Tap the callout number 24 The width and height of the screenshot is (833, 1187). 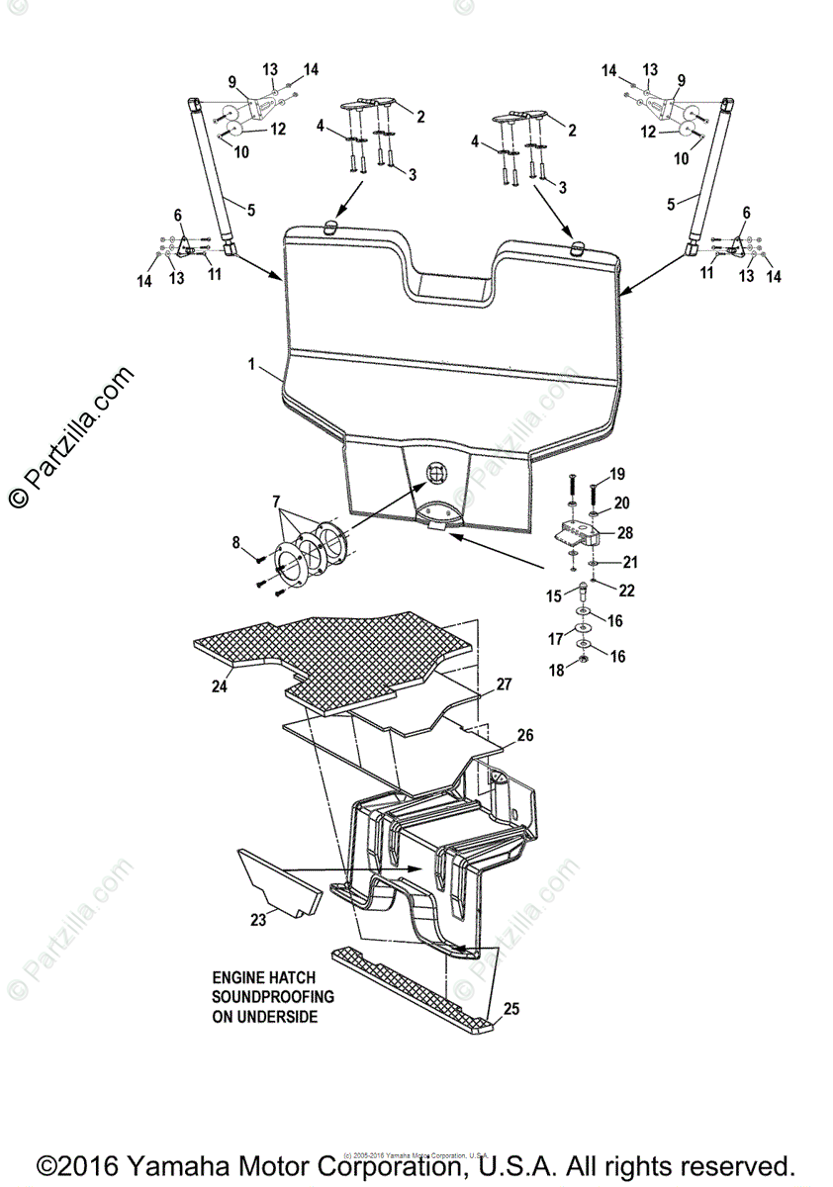tap(219, 685)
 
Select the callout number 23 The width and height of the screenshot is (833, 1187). tap(258, 919)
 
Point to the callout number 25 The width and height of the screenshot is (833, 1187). tap(511, 1009)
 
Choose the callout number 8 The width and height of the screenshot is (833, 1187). tap(234, 541)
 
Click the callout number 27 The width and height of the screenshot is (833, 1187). tap(504, 684)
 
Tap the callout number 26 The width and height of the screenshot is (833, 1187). tap(525, 735)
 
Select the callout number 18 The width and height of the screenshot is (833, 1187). tap(557, 670)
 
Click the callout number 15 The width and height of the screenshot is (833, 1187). tap(555, 596)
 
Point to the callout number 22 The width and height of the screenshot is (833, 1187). tap(625, 591)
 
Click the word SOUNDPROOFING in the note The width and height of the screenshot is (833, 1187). tap(271, 995)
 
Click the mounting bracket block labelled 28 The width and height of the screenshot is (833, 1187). tap(578, 534)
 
